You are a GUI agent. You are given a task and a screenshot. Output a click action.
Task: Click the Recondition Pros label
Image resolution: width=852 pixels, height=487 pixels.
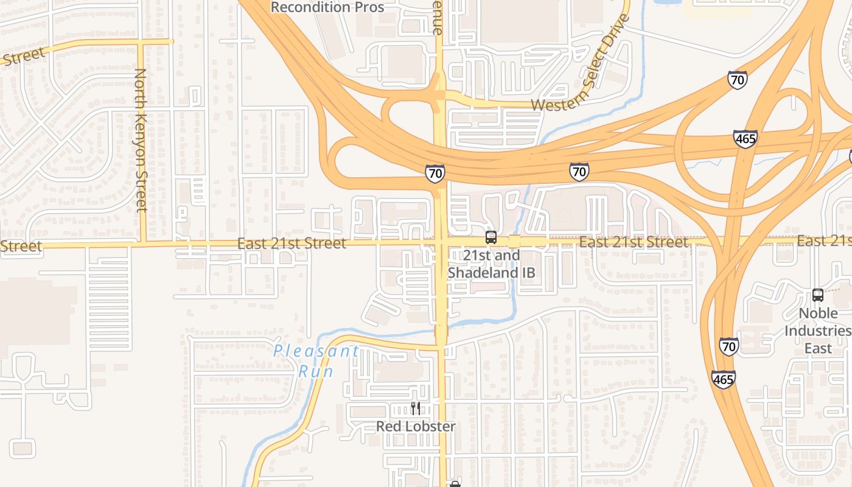(327, 7)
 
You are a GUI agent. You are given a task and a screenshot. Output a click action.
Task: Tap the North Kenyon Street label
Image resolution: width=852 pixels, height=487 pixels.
(141, 139)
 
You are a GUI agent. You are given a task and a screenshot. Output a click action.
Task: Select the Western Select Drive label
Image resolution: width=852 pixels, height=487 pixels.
(581, 64)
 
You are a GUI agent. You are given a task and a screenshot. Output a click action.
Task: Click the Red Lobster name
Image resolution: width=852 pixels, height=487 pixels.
(416, 426)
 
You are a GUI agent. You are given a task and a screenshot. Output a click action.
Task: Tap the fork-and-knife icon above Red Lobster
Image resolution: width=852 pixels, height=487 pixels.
(416, 408)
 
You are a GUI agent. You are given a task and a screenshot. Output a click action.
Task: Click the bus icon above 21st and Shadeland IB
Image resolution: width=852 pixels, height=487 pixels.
(491, 237)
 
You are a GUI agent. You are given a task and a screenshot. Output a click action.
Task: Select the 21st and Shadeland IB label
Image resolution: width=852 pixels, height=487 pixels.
(492, 264)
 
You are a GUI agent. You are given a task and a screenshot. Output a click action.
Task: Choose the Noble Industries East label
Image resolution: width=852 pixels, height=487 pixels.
(817, 331)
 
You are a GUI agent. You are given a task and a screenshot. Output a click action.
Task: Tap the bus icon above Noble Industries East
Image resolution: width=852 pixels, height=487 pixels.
(818, 295)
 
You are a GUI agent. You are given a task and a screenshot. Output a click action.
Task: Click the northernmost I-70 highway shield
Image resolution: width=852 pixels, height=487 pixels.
(738, 80)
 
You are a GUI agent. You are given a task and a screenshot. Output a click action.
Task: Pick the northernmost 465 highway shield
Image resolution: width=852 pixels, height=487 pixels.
(745, 139)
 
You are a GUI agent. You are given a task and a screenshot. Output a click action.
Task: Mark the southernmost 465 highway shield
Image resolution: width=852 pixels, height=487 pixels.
(724, 379)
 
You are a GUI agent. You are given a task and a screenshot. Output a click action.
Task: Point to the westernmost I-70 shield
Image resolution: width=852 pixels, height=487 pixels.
(435, 173)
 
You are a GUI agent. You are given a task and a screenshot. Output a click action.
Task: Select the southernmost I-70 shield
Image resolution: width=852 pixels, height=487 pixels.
(729, 346)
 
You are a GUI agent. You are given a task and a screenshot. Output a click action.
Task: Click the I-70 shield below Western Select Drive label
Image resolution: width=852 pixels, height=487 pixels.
(579, 172)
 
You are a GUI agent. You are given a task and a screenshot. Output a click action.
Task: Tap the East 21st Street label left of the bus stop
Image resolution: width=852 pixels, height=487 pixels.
(292, 243)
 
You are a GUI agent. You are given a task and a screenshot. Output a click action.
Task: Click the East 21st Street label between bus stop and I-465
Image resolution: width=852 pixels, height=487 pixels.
(633, 242)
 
